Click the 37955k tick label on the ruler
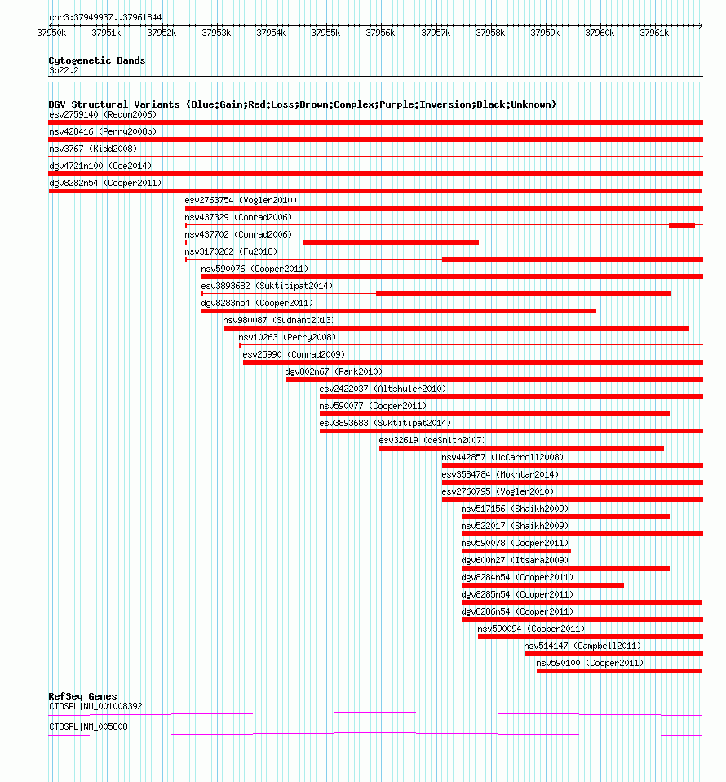[x=325, y=33]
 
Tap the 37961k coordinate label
[x=654, y=33]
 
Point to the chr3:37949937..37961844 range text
[x=105, y=17]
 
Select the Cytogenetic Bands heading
[x=97, y=60]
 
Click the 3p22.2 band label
[x=64, y=71]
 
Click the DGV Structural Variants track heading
[x=302, y=104]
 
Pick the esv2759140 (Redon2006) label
[x=103, y=114]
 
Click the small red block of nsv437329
[x=681, y=224]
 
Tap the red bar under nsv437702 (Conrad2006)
[x=390, y=242]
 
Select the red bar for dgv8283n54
[x=398, y=310]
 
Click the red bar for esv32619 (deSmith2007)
[x=521, y=447]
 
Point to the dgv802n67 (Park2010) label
[x=334, y=371]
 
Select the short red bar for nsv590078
[x=516, y=550]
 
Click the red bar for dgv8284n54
[x=542, y=584]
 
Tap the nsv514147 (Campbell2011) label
[x=582, y=646]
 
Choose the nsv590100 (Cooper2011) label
[x=590, y=663]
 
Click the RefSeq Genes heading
[x=82, y=696]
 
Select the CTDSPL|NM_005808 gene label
[x=88, y=726]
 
